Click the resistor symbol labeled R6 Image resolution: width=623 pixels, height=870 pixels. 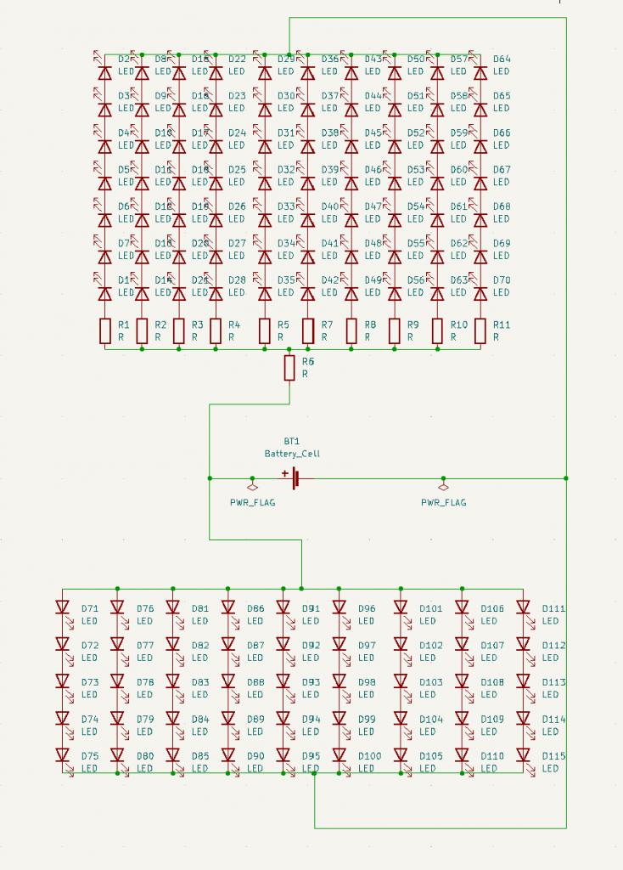point(289,368)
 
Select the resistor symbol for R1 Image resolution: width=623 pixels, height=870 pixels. point(105,330)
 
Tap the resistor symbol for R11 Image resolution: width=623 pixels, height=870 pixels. point(480,330)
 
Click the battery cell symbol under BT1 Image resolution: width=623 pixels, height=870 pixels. point(295,478)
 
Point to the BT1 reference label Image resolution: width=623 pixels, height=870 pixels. point(292,442)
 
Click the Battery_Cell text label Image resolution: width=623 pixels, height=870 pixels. point(292,454)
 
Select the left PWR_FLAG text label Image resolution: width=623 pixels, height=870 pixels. point(252,502)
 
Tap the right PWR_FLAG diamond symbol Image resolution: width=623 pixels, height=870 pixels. point(442,487)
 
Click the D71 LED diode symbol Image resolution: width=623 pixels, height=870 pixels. point(62,607)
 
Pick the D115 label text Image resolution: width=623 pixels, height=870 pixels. point(553,756)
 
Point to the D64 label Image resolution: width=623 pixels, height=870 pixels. point(502,59)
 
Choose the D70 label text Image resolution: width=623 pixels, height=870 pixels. point(502,280)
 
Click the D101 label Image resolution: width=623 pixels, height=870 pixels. point(431,608)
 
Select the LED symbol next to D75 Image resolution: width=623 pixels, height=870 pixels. point(62,754)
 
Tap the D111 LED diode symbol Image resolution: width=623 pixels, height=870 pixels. point(524,607)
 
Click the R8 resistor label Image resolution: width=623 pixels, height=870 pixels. point(370,325)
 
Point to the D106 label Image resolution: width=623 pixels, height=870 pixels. point(492,608)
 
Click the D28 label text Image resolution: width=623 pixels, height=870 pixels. point(237,280)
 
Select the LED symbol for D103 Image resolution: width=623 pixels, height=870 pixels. point(401,681)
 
